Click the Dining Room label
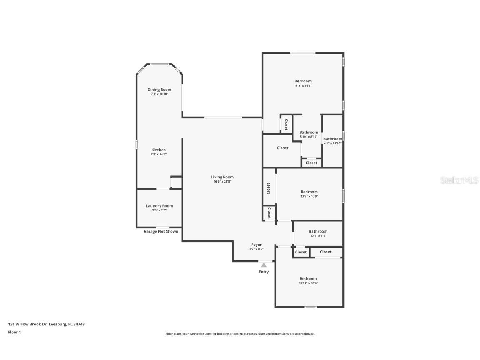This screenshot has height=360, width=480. pyautogui.click(x=159, y=90)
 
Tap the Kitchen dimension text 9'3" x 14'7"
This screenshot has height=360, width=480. pyautogui.click(x=158, y=155)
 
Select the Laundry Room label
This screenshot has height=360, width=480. pyautogui.click(x=159, y=206)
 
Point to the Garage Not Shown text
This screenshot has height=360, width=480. pyautogui.click(x=161, y=232)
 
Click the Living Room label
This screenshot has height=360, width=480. pyautogui.click(x=222, y=177)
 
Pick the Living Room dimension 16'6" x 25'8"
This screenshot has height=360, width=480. pyautogui.click(x=222, y=182)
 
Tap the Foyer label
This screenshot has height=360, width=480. pyautogui.click(x=256, y=245)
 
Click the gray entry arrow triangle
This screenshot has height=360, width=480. pyautogui.click(x=263, y=265)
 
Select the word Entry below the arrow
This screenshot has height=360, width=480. pyautogui.click(x=264, y=272)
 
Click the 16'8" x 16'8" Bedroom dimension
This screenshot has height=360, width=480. pyautogui.click(x=303, y=86)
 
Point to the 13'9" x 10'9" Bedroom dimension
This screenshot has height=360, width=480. pyautogui.click(x=309, y=196)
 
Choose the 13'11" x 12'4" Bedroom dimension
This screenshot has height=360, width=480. pyautogui.click(x=308, y=283)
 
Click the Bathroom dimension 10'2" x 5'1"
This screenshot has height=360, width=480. pyautogui.click(x=318, y=236)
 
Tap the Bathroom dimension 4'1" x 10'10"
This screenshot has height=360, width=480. pyautogui.click(x=332, y=143)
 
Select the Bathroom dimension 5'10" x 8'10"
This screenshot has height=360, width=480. pyautogui.click(x=309, y=137)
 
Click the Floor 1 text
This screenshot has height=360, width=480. pyautogui.click(x=14, y=332)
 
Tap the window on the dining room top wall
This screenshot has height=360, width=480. pyautogui.click(x=159, y=64)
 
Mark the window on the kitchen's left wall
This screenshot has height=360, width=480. pyautogui.click(x=137, y=144)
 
